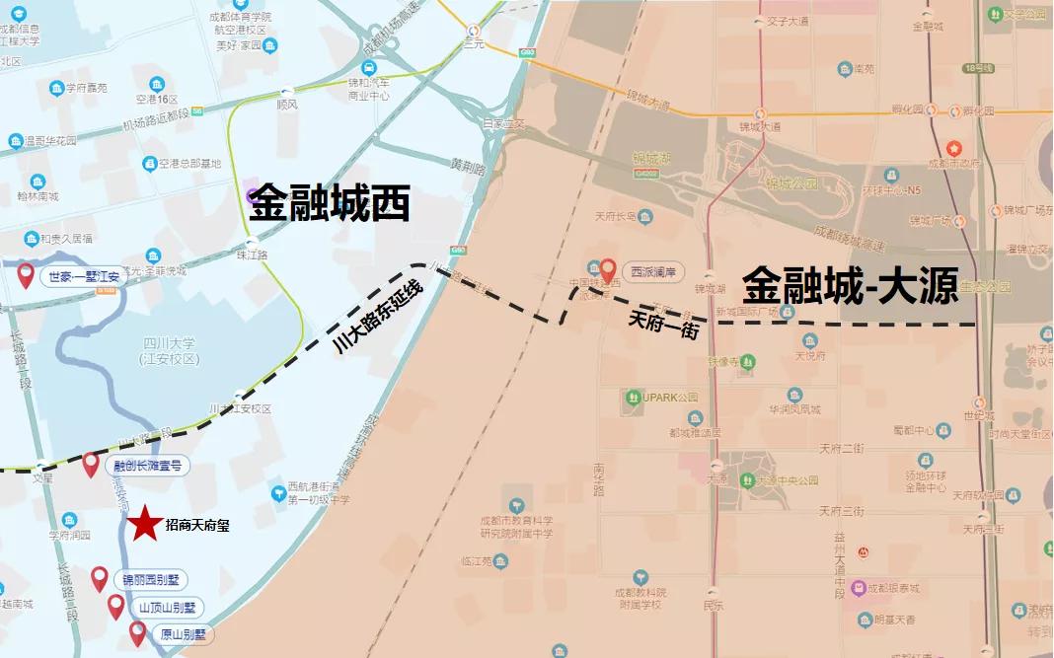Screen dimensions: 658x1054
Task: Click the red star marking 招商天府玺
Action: click(145, 524)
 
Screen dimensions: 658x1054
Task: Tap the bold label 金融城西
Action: click(329, 205)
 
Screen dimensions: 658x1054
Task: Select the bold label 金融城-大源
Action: click(851, 286)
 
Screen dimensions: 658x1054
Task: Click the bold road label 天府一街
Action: click(663, 325)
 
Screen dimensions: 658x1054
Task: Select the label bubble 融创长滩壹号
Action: click(149, 467)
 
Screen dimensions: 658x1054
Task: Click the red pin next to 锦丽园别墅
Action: click(100, 578)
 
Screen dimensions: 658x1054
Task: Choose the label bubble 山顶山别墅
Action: click(167, 608)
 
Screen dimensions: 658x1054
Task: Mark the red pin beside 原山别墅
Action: click(137, 632)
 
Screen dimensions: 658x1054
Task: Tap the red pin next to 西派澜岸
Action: click(609, 268)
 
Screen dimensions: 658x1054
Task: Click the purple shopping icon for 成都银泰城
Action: click(858, 588)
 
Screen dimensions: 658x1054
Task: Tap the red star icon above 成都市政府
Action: click(954, 148)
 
